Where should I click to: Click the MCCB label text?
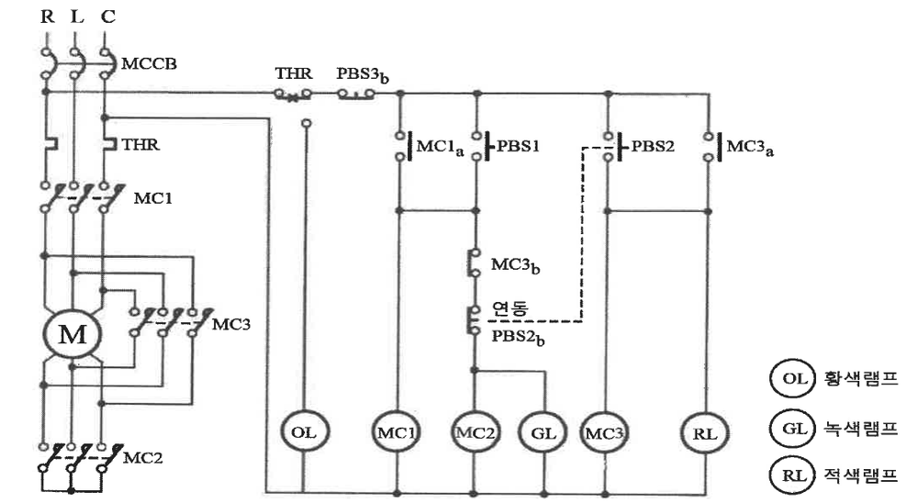[x=149, y=63]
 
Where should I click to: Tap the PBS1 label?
[x=518, y=145]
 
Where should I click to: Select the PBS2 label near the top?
[x=653, y=145]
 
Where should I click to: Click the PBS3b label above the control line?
[x=363, y=75]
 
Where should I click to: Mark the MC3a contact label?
[x=750, y=147]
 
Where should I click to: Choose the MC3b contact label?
[x=515, y=265]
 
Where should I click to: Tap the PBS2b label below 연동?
[x=518, y=337]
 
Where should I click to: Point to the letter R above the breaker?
[x=48, y=16]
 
